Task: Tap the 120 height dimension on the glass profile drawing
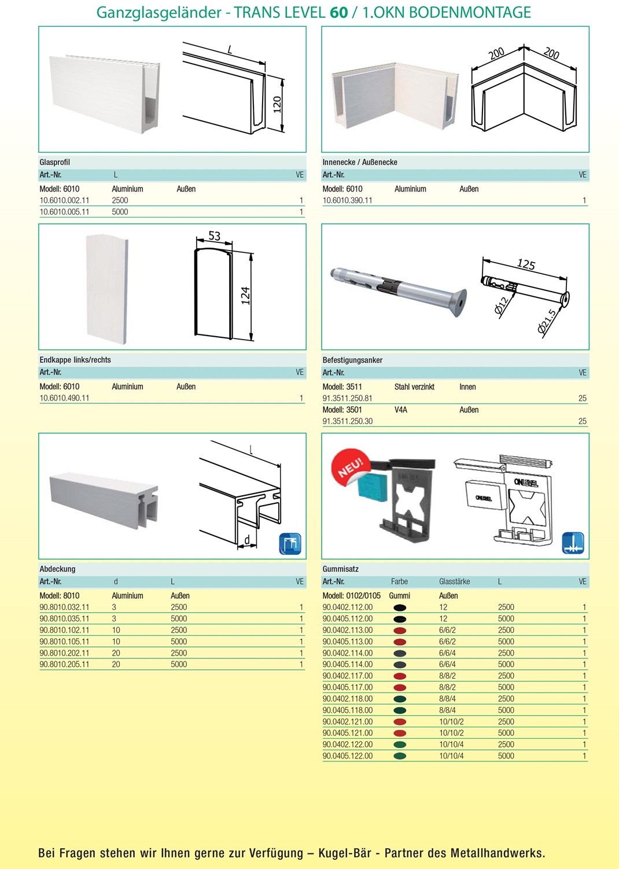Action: [x=277, y=105]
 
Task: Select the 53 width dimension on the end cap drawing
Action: [x=214, y=236]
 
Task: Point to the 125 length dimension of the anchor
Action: [x=526, y=264]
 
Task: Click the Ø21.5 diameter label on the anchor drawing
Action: [x=547, y=322]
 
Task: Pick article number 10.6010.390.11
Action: [x=347, y=201]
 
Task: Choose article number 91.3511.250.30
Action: [x=347, y=421]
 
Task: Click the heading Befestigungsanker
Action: [x=352, y=360]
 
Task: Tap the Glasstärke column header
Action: [x=454, y=581]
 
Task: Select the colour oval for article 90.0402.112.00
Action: [x=399, y=607]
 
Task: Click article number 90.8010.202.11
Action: [x=64, y=653]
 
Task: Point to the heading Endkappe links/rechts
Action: [x=75, y=360]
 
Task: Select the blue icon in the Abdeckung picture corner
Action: [x=290, y=544]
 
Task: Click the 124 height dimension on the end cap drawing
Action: [x=245, y=295]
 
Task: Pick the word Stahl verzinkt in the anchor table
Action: [x=414, y=387]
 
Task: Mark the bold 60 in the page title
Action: [x=338, y=12]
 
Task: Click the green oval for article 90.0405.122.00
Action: [x=399, y=756]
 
